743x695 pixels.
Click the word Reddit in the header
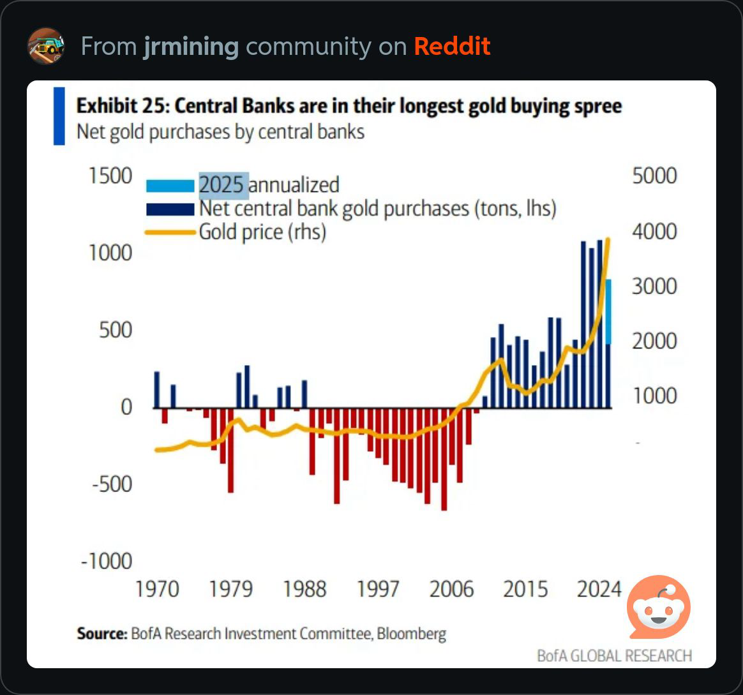(x=452, y=47)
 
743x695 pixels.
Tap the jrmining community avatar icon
(x=46, y=46)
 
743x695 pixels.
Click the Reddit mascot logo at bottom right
(x=659, y=607)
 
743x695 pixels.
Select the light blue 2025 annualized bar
(x=609, y=311)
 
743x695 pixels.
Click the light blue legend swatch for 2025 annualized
(x=170, y=186)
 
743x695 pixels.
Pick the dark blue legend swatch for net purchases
(x=170, y=209)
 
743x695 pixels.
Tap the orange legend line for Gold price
(x=170, y=232)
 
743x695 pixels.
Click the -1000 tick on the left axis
(x=106, y=562)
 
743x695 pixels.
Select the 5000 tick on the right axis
(x=654, y=176)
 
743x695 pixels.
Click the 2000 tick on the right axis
(x=654, y=341)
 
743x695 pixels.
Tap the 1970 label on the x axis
(x=157, y=589)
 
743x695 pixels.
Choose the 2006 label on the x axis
(x=451, y=589)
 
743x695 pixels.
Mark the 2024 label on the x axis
(x=599, y=589)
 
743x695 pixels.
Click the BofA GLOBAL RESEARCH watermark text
(x=614, y=655)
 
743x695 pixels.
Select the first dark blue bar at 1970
(x=157, y=390)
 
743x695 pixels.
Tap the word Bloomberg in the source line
(x=411, y=634)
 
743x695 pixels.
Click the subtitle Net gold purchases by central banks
(x=220, y=132)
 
